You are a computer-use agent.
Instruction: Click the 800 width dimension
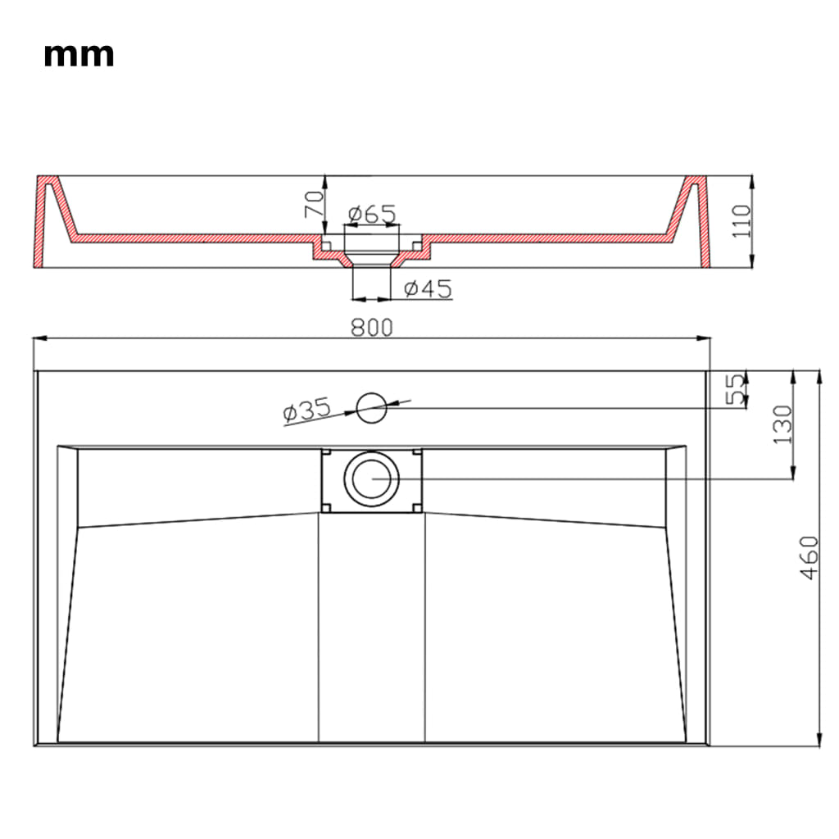tap(372, 327)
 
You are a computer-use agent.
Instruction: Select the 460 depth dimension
tap(809, 558)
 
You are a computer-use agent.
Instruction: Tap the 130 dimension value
tap(783, 424)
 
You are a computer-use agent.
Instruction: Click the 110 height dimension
tap(741, 221)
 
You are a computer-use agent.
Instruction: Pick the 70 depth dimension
tap(313, 203)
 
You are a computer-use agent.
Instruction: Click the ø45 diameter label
tap(428, 288)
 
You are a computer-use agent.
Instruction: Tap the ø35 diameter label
tap(306, 410)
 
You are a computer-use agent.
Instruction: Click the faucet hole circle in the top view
tap(371, 407)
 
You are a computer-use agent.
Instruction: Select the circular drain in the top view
tap(372, 478)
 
